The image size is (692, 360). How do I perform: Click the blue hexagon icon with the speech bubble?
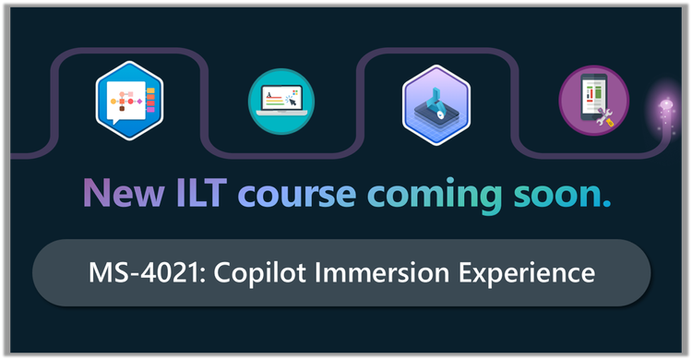128,100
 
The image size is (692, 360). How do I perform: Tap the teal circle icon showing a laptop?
281,101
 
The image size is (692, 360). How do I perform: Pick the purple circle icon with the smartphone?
593,101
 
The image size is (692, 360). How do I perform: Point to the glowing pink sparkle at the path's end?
662,108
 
